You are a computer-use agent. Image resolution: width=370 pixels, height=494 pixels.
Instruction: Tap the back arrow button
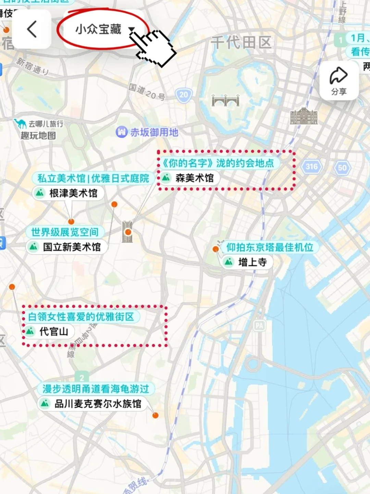32,29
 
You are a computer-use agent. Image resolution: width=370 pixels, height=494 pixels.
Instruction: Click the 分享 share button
338,81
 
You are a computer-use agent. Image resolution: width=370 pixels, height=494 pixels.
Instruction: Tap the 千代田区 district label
241,43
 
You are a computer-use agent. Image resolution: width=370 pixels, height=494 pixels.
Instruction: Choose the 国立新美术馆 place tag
66,247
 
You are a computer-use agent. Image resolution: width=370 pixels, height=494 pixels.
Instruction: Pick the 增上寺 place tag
247,262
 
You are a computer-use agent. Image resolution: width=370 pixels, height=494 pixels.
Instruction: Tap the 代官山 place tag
48,331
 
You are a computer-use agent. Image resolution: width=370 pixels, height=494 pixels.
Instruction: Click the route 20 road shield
184,95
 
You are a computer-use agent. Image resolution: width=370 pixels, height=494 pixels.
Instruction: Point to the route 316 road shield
311,167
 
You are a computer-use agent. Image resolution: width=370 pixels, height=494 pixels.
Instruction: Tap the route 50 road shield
342,168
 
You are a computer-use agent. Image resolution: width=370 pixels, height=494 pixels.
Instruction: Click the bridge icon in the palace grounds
225,100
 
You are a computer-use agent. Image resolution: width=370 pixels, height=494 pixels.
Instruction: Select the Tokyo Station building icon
304,116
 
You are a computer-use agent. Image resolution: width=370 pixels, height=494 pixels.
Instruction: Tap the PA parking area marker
259,326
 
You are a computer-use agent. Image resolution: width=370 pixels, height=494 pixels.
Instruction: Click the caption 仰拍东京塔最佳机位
270,247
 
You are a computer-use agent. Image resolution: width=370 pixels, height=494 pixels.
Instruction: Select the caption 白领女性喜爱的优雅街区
81,317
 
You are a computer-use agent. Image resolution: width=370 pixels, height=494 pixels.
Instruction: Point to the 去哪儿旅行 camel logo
20,123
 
